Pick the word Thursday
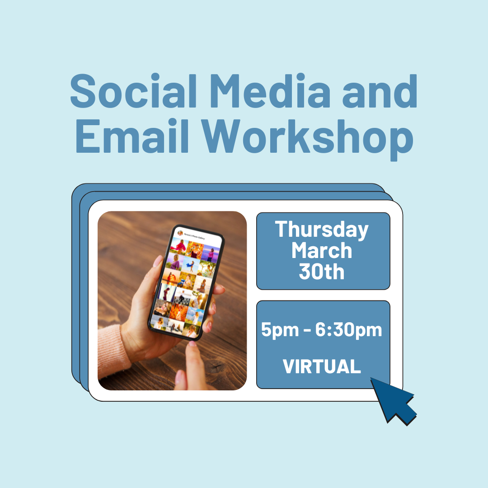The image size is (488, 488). (x=322, y=230)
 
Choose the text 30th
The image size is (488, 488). (x=322, y=272)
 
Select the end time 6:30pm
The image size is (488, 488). (x=348, y=331)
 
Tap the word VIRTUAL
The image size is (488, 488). (x=322, y=366)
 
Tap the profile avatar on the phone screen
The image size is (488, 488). (x=180, y=233)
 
